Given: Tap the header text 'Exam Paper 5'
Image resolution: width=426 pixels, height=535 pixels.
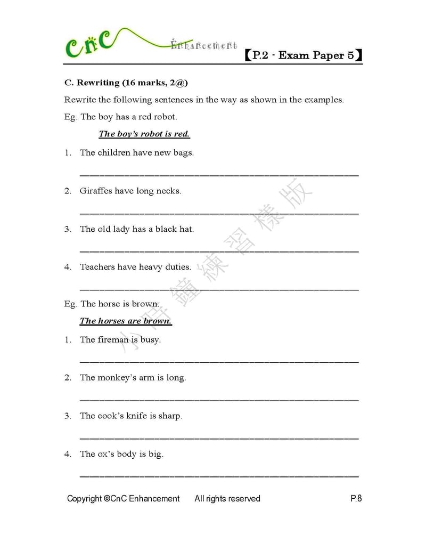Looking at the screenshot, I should point(316,55).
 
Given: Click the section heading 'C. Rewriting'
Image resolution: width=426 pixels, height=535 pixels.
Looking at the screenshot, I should point(91,83).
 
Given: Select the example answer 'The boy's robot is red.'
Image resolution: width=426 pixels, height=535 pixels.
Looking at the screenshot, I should point(144,134).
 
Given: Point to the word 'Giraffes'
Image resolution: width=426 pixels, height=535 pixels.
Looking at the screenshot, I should point(96,191).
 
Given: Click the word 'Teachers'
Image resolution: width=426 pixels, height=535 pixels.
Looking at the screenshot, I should point(97,267).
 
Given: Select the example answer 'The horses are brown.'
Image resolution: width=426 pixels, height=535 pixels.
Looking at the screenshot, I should point(126,321).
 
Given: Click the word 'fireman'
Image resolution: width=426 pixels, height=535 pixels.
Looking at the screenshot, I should point(113,339).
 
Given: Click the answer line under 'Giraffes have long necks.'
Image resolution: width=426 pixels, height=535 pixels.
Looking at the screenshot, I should point(219,213).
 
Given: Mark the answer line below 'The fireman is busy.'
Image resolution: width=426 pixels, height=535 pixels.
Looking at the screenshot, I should point(219,362).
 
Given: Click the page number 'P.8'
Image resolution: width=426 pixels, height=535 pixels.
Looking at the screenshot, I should point(356,499).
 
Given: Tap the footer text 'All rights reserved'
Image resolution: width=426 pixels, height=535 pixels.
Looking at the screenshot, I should point(227,499).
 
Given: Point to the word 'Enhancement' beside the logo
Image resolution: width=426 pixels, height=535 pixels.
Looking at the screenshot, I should point(204,46).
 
